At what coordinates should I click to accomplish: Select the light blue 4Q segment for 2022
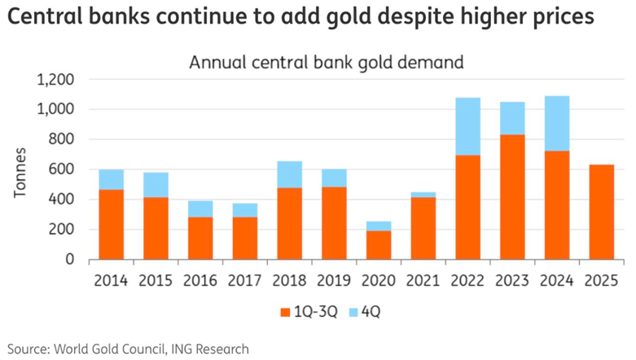(468, 126)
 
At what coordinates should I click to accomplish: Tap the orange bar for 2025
(601, 212)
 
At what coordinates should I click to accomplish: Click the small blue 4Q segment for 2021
(423, 195)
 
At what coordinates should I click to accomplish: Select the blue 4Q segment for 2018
(291, 174)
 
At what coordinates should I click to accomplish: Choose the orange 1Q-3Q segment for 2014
(112, 224)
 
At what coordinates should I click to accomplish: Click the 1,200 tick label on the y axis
(55, 80)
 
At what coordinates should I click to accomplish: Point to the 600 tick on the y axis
(63, 169)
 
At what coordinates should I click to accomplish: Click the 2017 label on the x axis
(246, 281)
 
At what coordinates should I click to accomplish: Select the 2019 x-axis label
(335, 281)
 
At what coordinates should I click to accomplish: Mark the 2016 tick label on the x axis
(201, 281)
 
